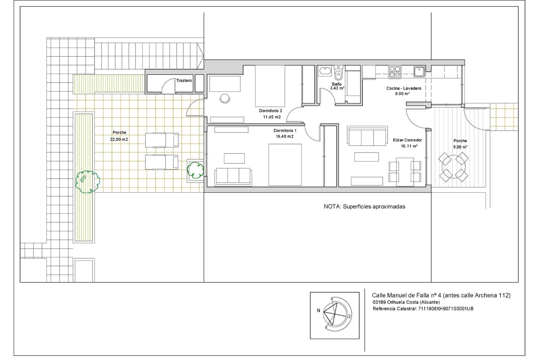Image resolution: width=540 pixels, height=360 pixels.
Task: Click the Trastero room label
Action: point(184,80)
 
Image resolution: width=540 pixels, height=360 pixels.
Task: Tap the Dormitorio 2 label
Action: point(270,111)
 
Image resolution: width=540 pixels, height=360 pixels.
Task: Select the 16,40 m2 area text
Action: point(284,136)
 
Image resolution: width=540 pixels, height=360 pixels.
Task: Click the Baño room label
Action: point(336,84)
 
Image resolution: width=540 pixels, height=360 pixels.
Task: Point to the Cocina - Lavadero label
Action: point(404,88)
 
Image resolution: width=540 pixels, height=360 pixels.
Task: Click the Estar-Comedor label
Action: point(407,140)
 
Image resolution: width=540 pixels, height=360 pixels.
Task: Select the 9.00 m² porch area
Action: point(460,147)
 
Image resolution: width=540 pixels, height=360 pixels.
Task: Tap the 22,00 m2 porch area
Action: point(119,139)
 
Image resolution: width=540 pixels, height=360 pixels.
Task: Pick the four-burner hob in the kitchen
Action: point(395,72)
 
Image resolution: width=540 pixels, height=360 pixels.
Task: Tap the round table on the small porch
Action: point(453,167)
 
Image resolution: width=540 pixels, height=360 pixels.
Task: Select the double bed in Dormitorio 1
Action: point(285,165)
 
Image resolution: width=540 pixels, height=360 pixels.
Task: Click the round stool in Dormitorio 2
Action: point(225,98)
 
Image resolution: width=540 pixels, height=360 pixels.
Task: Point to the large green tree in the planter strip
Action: point(87,182)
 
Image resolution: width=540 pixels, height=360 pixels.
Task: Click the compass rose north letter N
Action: point(318,310)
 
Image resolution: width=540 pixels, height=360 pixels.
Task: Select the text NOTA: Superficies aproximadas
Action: point(364,207)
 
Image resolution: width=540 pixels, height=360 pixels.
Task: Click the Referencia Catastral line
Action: point(423,309)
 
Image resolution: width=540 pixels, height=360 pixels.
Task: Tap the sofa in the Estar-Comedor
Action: point(367,136)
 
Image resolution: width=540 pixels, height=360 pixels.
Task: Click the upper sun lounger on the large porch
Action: point(162,140)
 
